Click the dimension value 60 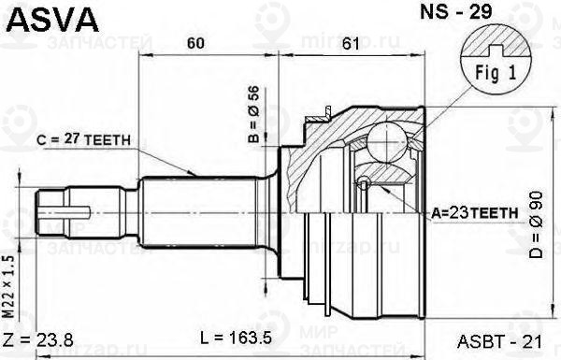click(x=197, y=43)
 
